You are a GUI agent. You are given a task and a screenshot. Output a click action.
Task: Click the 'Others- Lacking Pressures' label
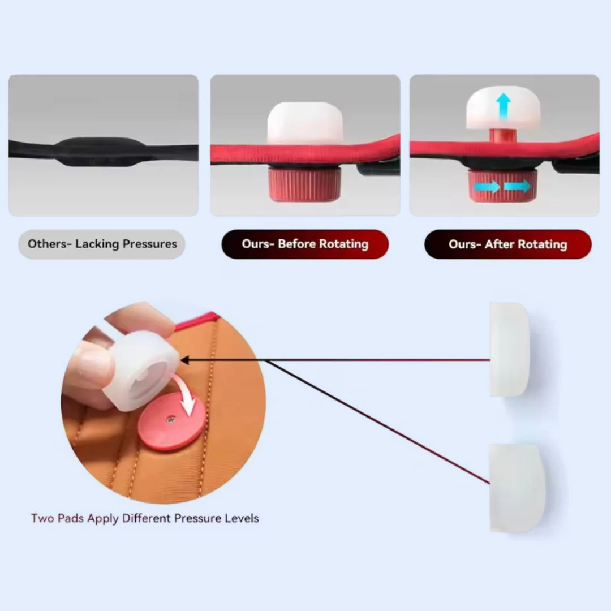[x=102, y=244]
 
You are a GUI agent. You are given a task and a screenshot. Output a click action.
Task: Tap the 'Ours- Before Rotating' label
[x=305, y=244]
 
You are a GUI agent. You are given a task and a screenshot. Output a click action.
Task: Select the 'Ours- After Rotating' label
[x=507, y=244]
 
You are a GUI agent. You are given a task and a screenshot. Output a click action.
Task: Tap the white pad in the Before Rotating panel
[x=305, y=123]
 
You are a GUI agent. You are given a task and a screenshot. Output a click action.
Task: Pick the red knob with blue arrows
[x=503, y=186]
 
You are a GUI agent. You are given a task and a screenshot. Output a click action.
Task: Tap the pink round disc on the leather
[x=171, y=421]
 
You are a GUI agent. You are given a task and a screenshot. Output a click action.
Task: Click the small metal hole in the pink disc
[x=170, y=419]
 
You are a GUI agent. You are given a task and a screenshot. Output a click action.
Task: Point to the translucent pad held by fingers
[x=141, y=370]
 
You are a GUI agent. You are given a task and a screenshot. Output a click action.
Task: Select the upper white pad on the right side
[x=509, y=349]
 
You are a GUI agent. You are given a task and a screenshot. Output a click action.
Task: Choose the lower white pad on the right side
[x=516, y=488]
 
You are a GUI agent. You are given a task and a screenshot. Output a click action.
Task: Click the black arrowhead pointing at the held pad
[x=184, y=360]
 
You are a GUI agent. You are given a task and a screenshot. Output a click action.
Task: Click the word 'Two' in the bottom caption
[x=42, y=518]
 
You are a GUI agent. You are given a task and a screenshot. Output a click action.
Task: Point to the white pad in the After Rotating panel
[x=504, y=107]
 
